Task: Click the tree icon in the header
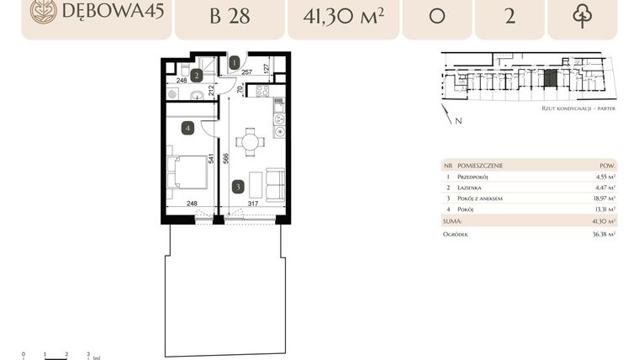(x=582, y=16)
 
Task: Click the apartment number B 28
(x=230, y=16)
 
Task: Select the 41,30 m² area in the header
(x=342, y=16)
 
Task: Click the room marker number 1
(x=235, y=61)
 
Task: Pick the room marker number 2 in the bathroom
(x=195, y=75)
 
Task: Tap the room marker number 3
(x=238, y=187)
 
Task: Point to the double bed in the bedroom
(x=189, y=172)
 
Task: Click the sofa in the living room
(x=275, y=183)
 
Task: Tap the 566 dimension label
(x=227, y=161)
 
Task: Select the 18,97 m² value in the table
(x=603, y=198)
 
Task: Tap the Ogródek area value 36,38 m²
(x=602, y=235)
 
